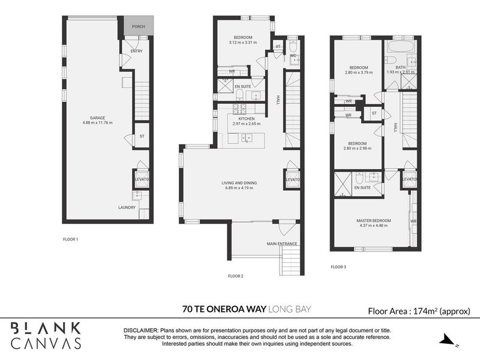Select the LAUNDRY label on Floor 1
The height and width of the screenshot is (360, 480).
(x=127, y=208)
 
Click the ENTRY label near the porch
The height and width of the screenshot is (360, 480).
(x=136, y=51)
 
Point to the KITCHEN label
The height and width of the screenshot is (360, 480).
(x=247, y=119)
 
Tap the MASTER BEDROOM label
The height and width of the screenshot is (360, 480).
(x=375, y=221)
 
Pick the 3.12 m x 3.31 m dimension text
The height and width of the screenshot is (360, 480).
(x=242, y=43)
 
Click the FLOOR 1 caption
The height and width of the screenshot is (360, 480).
(x=71, y=239)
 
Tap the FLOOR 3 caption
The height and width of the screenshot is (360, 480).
(x=340, y=266)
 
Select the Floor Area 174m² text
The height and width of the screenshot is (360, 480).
(x=419, y=311)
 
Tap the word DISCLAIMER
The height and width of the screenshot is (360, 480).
(x=141, y=331)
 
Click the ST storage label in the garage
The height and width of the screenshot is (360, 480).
(x=142, y=136)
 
